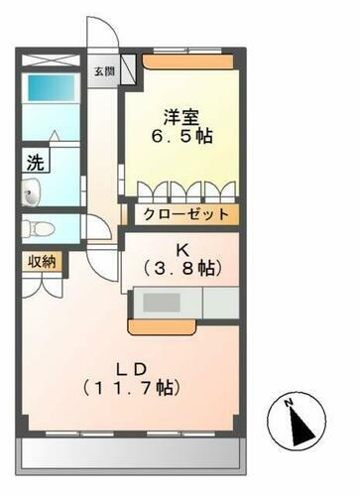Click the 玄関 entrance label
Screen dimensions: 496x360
click(103, 71)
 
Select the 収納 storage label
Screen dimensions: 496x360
click(41, 261)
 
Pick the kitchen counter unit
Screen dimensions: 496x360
click(183, 303)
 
